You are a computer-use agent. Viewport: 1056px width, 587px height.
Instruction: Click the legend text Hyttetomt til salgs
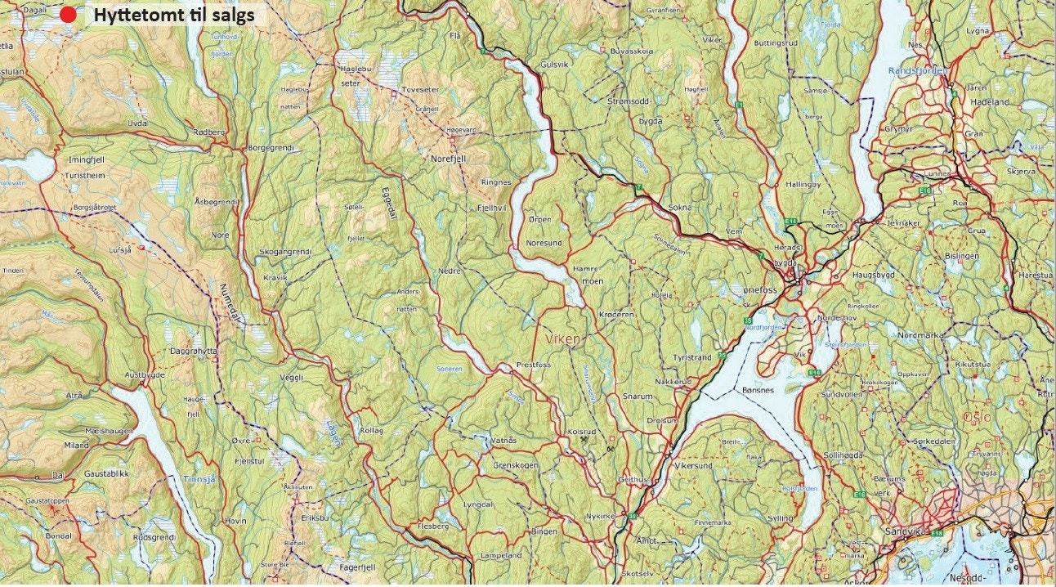[x=173, y=15]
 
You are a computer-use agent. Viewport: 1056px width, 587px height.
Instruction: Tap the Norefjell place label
[x=447, y=159]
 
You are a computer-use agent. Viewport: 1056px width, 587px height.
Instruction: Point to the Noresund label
[x=544, y=243]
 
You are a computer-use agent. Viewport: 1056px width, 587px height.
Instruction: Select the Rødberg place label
[x=208, y=132]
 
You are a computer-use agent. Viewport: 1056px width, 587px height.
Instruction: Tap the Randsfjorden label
[x=921, y=71]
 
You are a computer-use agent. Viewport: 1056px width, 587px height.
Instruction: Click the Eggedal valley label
[x=387, y=200]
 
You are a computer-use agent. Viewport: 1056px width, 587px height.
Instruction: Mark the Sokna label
[x=679, y=207]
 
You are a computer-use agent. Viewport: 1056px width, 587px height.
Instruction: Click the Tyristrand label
[x=691, y=357]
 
